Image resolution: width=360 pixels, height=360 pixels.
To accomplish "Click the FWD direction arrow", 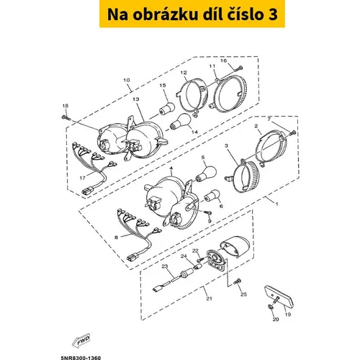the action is (x=81, y=341).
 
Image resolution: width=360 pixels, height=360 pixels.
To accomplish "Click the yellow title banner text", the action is (x=192, y=14).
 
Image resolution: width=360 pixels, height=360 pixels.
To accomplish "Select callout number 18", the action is (x=65, y=106).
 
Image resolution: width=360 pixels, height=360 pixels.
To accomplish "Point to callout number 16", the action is (x=223, y=60).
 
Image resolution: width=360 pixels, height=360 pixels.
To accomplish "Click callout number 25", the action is (x=243, y=294).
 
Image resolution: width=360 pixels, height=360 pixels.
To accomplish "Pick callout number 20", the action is (x=276, y=319).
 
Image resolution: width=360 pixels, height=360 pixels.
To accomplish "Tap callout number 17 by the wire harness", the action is (x=83, y=178).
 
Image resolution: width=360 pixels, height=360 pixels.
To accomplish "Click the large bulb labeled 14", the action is (x=181, y=122).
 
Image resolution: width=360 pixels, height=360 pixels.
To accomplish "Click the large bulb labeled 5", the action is (x=207, y=174).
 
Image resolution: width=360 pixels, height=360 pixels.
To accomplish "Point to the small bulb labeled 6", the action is (x=212, y=195).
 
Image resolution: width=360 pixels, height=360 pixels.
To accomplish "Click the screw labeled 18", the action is (x=66, y=117).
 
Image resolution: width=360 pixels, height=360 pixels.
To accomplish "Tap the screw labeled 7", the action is (x=292, y=132).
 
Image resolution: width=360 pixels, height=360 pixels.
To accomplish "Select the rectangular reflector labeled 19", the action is (x=279, y=297).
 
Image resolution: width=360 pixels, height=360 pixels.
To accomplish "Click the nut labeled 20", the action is (x=270, y=306).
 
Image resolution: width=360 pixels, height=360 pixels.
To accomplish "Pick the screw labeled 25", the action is (x=238, y=282).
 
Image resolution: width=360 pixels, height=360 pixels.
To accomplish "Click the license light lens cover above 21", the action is (x=235, y=246).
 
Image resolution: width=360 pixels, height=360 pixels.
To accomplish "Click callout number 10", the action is (x=127, y=80).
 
